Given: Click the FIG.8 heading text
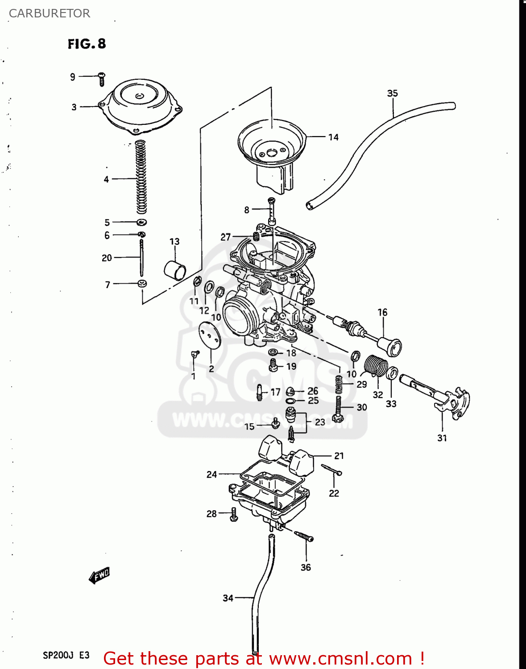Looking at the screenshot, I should tap(87, 44).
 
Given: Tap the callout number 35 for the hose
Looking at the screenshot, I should tap(392, 93).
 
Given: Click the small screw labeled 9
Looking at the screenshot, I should tap(101, 79).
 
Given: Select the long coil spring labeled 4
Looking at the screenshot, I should tap(141, 177).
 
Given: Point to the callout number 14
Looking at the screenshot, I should tap(333, 137).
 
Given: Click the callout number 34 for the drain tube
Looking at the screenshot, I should tap(228, 598).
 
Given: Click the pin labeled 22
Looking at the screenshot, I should tap(331, 470).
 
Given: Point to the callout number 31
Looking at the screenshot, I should tap(442, 438).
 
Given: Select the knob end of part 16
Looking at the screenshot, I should tap(390, 346).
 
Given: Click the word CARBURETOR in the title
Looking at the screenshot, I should tap(50, 13).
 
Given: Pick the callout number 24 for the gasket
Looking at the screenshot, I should tap(211, 475).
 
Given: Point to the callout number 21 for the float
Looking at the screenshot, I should tap(339, 456).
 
